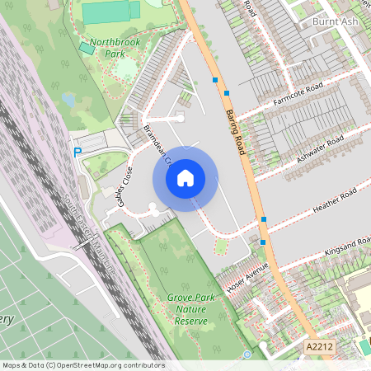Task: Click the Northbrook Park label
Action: [x=114, y=45]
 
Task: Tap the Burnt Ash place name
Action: [x=336, y=21]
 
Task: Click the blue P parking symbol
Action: [x=77, y=153]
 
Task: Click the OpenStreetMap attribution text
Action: [x=82, y=365]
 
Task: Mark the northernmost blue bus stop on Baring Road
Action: [x=215, y=80]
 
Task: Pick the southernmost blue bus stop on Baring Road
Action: [x=263, y=242]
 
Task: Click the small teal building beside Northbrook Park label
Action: [x=87, y=49]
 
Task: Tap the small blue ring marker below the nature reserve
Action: [x=247, y=355]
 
